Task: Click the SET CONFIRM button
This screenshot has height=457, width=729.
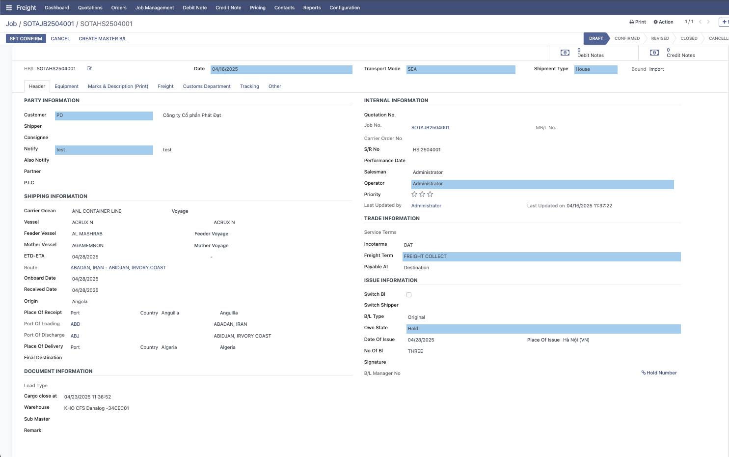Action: (x=26, y=38)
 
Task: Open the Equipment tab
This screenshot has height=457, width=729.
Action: (x=66, y=86)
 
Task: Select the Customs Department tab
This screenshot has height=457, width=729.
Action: (x=207, y=86)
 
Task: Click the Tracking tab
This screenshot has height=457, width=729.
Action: (x=249, y=86)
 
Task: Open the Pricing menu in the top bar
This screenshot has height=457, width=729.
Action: (x=258, y=8)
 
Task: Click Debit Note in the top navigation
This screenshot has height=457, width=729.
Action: (x=195, y=8)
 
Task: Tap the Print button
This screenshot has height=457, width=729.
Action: (x=638, y=22)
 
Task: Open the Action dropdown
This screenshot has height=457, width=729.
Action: (x=664, y=22)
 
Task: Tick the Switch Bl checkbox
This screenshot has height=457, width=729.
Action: (x=409, y=295)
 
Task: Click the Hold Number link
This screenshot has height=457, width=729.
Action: (x=659, y=373)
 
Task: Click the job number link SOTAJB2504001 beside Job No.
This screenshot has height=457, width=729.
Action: (x=430, y=128)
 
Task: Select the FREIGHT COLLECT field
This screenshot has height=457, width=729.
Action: (x=541, y=257)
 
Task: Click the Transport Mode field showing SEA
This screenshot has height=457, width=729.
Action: (x=460, y=69)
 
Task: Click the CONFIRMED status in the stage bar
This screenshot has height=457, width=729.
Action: (x=627, y=38)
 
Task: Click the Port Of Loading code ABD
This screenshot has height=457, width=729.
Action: (x=75, y=324)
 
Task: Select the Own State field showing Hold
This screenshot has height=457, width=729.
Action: (x=543, y=329)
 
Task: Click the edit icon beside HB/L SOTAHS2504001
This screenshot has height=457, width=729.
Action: (x=89, y=69)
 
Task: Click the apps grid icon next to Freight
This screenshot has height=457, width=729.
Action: (x=9, y=8)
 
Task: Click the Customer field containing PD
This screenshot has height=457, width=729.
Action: (x=104, y=115)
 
